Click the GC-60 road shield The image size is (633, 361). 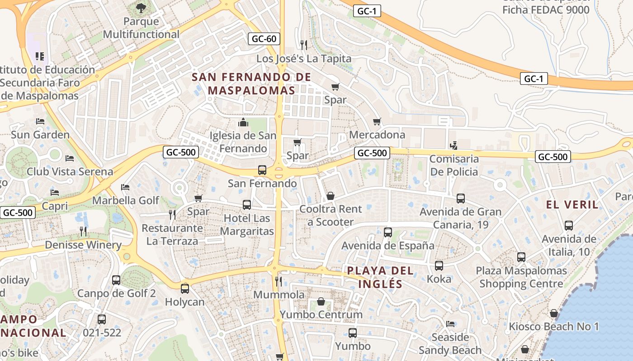pyautogui.click(x=264, y=39)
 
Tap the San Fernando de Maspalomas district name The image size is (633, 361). pyautogui.click(x=252, y=83)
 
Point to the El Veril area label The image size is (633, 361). pyautogui.click(x=572, y=204)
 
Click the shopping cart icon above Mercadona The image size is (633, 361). pyautogui.click(x=377, y=121)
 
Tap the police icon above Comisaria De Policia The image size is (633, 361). pyautogui.click(x=454, y=145)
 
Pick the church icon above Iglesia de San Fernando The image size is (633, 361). pyautogui.click(x=243, y=122)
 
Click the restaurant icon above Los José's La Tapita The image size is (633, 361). pyautogui.click(x=304, y=45)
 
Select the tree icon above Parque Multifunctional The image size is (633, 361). pyautogui.click(x=141, y=8)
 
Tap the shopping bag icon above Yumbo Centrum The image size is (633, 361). pyautogui.click(x=321, y=301)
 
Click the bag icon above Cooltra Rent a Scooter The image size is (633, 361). pyautogui.click(x=331, y=196)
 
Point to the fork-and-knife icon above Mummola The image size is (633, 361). pyautogui.click(x=279, y=282)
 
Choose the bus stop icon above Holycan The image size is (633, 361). pyautogui.click(x=184, y=288)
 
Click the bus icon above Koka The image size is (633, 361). pyautogui.click(x=439, y=265)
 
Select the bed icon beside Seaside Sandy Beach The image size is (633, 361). pyautogui.click(x=450, y=324)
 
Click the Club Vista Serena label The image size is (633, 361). pyautogui.click(x=70, y=171)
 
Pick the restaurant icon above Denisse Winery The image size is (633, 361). pyautogui.click(x=83, y=231)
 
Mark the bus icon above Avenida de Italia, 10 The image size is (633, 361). pyautogui.click(x=569, y=225)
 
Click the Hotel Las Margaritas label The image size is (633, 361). pyautogui.click(x=247, y=225)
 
